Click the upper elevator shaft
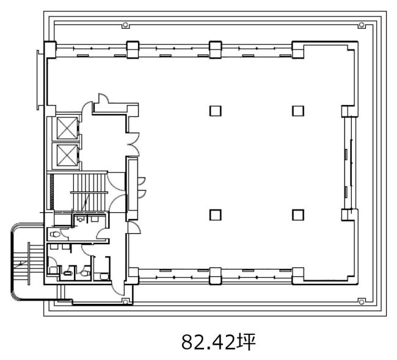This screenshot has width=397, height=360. click(67, 128)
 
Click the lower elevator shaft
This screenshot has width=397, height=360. click(67, 155)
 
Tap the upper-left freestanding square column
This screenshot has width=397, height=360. click(216, 111)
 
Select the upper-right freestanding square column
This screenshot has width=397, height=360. click(298, 111)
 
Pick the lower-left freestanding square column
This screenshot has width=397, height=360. click(216, 215)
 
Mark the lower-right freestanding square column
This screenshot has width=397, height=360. click(298, 215)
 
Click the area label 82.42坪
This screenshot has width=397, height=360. click(219, 342)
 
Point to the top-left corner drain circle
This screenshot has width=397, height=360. click(125, 25)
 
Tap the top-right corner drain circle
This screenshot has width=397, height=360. click(362, 25)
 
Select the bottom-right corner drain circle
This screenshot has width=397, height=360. click(362, 302)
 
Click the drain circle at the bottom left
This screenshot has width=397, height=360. click(125, 301)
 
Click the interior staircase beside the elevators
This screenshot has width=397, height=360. click(89, 192)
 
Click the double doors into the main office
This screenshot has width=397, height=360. click(133, 144)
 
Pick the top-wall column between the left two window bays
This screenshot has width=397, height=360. click(133, 49)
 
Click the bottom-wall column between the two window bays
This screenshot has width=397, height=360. click(216, 276)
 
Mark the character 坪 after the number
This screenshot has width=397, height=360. click(246, 342)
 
